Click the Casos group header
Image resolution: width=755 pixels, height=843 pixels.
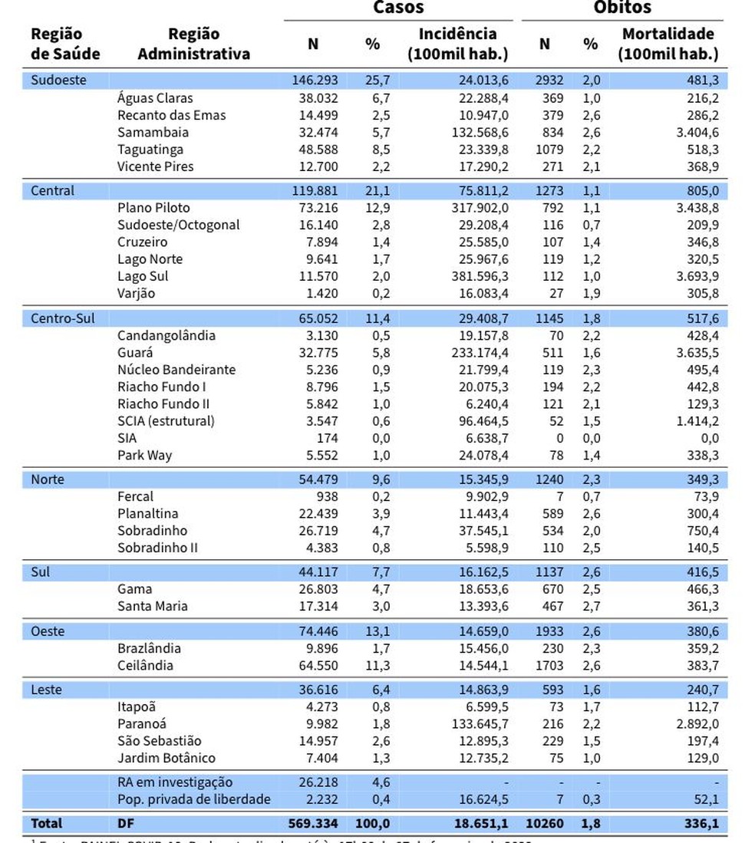398,8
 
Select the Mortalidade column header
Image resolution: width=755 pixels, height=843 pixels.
668,44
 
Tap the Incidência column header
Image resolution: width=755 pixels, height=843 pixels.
457,44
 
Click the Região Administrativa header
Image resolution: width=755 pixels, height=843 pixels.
193,44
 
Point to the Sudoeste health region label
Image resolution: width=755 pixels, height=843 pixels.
58,80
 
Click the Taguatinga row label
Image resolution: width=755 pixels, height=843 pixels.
150,149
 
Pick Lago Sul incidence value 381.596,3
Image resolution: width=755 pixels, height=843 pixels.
476,276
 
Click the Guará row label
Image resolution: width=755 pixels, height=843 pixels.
135,353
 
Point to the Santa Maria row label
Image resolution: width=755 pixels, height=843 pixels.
153,606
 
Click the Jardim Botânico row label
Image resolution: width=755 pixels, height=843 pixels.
166,758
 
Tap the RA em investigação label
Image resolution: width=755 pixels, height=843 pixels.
175,782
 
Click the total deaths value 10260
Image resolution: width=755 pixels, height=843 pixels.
542,823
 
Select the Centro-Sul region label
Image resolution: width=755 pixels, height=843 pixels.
63,318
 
